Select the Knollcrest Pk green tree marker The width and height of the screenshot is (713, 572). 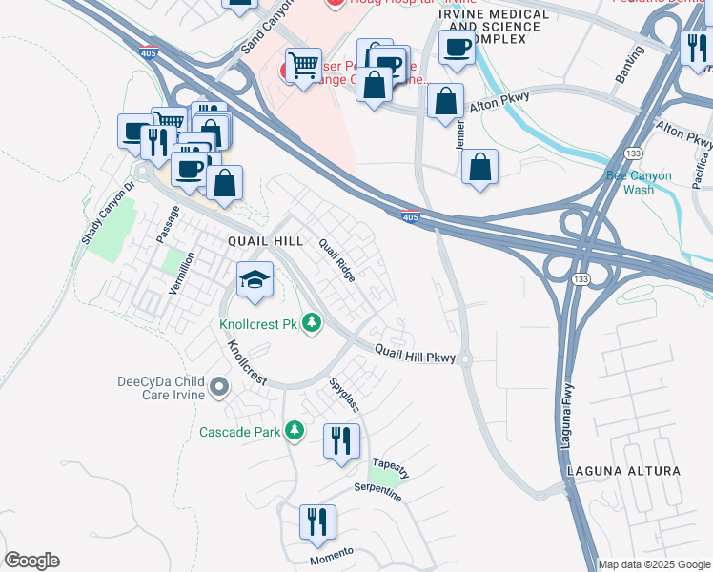point(311,324)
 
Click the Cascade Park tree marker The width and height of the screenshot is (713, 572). point(295,432)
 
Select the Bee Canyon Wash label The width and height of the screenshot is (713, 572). point(639,182)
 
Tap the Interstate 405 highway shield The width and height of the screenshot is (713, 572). point(410,218)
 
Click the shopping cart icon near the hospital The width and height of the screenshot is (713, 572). point(303,66)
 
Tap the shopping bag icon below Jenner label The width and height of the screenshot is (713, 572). point(480,167)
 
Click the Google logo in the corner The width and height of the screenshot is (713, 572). point(31,561)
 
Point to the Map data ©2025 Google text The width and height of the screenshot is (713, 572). point(653,564)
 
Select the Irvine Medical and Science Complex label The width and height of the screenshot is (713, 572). point(494,27)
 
